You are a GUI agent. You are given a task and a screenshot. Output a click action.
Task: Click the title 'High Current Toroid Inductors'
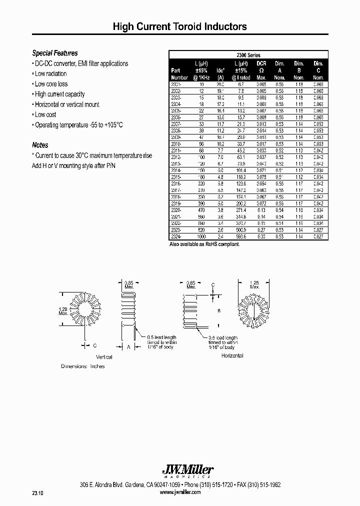(179, 26)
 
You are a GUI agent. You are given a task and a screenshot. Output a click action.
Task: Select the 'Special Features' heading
(55, 53)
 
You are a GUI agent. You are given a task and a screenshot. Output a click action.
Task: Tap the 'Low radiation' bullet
(51, 73)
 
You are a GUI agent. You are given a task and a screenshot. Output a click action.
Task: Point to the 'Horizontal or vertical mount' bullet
(66, 104)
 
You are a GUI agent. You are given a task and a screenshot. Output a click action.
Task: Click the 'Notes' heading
(40, 145)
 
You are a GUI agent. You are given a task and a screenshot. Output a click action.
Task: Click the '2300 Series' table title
(248, 55)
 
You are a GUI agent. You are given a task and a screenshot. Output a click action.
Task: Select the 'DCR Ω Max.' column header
(261, 70)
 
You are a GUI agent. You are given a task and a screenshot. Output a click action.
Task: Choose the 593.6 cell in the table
(241, 236)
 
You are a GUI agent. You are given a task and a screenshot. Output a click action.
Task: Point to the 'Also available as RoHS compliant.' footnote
(205, 244)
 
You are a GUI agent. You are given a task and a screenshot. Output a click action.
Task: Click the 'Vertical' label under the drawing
(104, 357)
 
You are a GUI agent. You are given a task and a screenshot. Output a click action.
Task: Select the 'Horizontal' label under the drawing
(231, 355)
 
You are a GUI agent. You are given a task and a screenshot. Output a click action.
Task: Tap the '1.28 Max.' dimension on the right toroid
(255, 285)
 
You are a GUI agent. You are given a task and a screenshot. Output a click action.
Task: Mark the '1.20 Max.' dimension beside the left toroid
(63, 311)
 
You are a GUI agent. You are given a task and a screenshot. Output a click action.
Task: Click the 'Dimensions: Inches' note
(83, 366)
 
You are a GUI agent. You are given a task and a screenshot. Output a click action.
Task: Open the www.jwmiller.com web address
(179, 492)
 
